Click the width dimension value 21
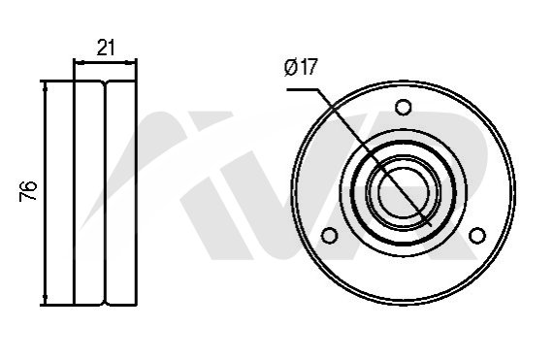point(106,48)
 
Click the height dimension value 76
point(28,191)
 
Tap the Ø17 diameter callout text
point(301,67)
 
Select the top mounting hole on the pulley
point(404,107)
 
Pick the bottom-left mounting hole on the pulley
point(330,235)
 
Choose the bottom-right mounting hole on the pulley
point(477,235)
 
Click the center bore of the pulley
point(404,192)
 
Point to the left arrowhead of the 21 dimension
point(81,63)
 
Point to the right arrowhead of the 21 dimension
point(131,63)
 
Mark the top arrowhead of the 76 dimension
point(46,87)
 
